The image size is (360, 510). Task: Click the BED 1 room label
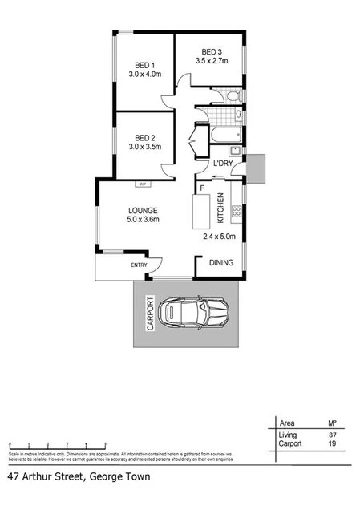[145, 65]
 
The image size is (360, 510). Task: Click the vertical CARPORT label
[148, 314]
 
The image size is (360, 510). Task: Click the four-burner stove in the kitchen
[236, 212]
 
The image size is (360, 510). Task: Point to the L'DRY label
[222, 164]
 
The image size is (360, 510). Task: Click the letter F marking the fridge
[202, 188]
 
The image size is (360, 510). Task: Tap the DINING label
[221, 262]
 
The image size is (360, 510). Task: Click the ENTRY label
[140, 265]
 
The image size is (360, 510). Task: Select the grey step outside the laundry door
[255, 168]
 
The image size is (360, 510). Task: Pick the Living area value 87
[332, 435]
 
